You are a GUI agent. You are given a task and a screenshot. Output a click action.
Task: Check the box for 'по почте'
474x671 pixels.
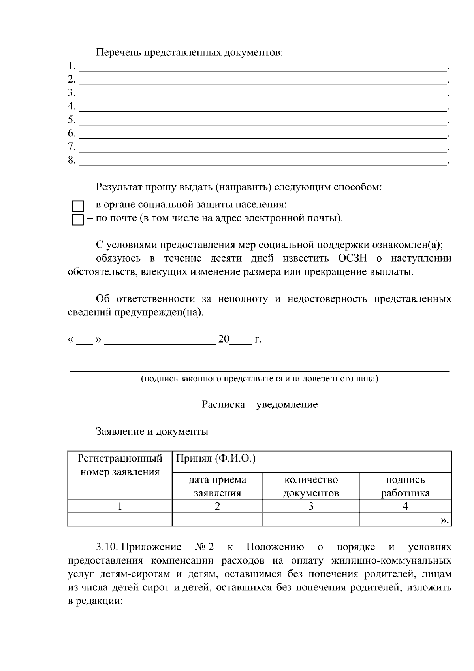78,220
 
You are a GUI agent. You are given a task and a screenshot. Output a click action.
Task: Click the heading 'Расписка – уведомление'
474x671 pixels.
260,404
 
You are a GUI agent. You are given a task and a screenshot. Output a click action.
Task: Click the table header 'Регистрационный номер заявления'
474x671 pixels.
120,465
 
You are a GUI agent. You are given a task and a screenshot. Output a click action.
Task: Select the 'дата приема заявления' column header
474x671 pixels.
217,486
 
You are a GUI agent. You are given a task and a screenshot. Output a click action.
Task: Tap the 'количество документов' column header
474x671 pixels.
311,486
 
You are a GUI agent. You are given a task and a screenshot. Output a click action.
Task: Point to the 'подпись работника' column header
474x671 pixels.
405,486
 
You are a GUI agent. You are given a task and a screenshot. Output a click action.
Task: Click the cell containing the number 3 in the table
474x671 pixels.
311,506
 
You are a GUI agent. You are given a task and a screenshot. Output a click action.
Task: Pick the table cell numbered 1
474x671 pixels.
120,506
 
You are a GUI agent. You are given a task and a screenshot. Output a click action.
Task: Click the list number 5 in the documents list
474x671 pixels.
71,119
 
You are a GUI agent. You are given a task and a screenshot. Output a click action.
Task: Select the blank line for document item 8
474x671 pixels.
263,162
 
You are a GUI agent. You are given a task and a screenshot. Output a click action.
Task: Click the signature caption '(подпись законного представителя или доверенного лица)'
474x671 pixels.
260,379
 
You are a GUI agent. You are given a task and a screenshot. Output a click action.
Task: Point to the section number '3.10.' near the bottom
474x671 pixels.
107,547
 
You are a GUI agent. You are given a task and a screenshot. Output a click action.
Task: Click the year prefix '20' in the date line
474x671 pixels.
224,339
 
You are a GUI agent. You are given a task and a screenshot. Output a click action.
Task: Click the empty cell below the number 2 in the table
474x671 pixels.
217,520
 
